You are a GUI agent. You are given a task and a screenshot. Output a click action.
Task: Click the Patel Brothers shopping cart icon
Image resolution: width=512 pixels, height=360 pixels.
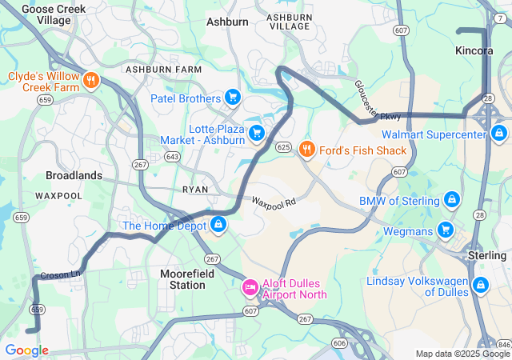pos(233,98)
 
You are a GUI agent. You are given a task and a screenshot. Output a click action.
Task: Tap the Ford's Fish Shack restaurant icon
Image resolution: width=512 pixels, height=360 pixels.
pos(306,150)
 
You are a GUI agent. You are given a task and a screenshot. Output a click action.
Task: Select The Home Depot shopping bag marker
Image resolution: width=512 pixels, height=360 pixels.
pos(218,225)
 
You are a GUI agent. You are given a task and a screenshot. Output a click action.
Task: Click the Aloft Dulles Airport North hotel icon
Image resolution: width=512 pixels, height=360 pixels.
pos(250,286)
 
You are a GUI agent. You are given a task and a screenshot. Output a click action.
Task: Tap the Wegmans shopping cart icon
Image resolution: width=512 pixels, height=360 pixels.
pos(446,231)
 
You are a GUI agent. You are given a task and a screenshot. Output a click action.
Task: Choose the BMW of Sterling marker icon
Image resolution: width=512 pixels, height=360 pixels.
pos(451,199)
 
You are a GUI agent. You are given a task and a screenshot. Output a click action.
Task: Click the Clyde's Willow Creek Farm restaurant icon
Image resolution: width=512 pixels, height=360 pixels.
pos(92,81)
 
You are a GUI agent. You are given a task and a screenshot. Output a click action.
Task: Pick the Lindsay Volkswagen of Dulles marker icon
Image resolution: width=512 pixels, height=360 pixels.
pos(481,284)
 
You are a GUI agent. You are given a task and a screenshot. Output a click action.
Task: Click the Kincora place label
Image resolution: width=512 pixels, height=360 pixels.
pos(474,50)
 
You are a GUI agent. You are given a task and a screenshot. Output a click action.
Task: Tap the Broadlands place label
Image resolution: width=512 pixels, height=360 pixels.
pos(74,175)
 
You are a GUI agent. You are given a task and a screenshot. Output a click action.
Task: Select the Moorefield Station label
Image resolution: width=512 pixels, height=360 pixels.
pos(182,279)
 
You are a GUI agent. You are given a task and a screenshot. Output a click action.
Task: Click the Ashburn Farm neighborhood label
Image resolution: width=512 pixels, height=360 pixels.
pos(163,70)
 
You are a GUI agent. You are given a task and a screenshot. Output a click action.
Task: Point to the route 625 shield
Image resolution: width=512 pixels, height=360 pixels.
pos(283,147)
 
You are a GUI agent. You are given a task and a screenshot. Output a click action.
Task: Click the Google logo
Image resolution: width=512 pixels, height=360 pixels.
pos(26,350)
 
